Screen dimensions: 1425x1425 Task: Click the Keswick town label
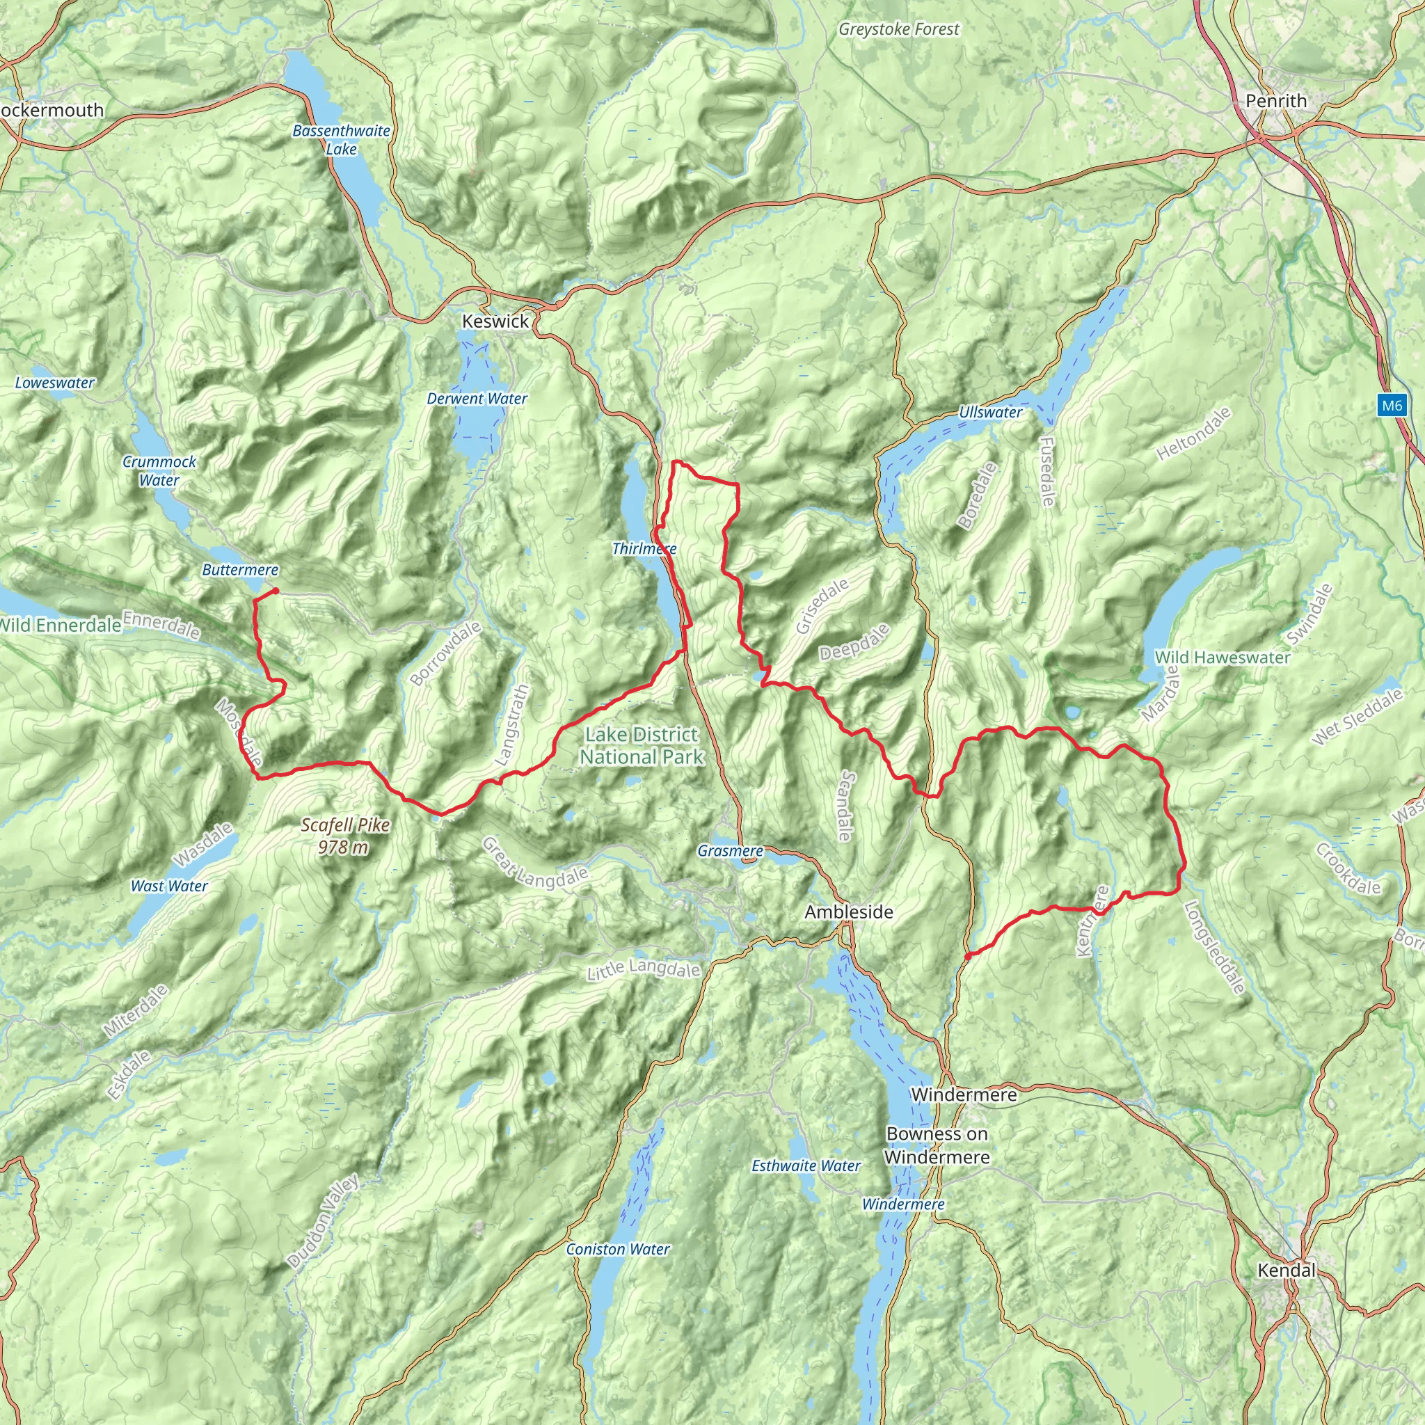click(x=495, y=321)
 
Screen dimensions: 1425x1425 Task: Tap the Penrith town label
click(x=1275, y=101)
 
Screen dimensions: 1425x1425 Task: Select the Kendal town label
click(x=1286, y=1269)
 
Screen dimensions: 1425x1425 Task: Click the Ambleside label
click(x=848, y=911)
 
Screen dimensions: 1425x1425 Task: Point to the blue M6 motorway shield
click(x=1391, y=405)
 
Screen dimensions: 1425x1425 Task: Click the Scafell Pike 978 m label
click(x=344, y=836)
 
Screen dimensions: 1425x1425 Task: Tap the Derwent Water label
click(x=477, y=399)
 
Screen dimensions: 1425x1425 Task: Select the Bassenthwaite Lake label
click(x=341, y=140)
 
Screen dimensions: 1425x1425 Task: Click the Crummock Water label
click(x=159, y=470)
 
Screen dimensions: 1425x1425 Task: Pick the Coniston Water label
click(x=617, y=1249)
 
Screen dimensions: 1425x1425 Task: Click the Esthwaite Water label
click(x=806, y=1165)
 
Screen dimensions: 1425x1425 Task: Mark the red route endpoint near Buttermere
click(x=275, y=591)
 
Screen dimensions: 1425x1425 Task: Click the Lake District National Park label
click(x=641, y=746)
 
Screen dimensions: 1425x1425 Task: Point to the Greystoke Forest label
click(x=898, y=29)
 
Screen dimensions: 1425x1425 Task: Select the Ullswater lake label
click(x=990, y=413)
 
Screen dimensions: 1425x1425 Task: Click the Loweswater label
click(x=54, y=383)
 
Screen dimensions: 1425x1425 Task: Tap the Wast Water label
click(x=169, y=886)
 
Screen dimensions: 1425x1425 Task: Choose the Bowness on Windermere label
click(x=937, y=1145)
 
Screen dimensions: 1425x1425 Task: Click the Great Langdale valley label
click(x=535, y=863)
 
